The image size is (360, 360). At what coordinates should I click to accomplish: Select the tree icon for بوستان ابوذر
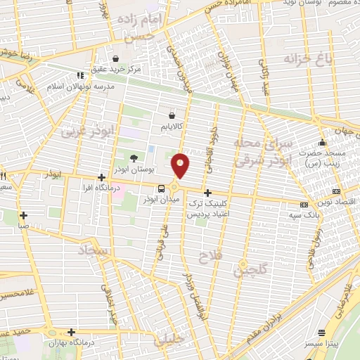click(x=134, y=157)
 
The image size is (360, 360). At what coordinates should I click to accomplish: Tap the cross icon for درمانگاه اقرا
click(x=103, y=177)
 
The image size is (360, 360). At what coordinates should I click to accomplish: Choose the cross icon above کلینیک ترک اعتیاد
click(x=207, y=192)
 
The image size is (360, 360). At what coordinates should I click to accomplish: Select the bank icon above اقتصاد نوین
click(x=335, y=191)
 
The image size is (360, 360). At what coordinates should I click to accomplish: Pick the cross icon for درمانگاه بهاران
click(x=71, y=332)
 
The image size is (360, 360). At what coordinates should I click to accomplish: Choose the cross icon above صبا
click(x=24, y=215)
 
